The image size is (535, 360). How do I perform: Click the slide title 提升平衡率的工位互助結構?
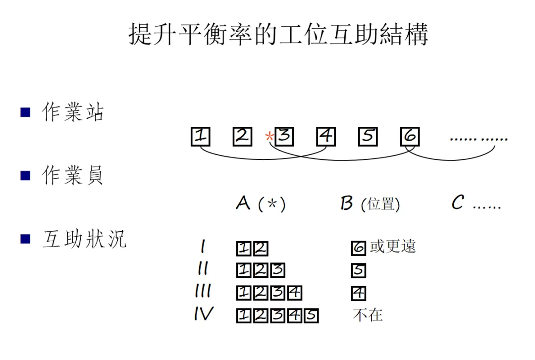278,34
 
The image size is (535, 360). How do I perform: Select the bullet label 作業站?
73,112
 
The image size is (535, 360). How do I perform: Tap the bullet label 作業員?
73,175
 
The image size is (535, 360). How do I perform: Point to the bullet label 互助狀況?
84,239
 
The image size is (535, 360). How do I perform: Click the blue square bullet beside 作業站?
25,112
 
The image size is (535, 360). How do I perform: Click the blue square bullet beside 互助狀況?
25,239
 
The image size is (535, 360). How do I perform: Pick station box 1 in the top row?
201,137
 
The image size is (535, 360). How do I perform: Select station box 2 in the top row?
242,137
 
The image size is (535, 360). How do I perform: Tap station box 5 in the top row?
368,137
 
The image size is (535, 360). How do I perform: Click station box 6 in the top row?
410,137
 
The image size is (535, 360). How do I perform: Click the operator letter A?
243,203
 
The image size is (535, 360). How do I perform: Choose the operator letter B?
347,203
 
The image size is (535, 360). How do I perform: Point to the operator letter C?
458,203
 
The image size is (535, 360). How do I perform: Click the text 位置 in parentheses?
380,204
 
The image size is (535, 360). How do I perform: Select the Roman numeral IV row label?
203,314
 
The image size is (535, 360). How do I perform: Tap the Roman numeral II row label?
203,269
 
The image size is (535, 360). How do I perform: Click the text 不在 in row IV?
368,315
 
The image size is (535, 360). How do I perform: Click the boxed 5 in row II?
358,271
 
